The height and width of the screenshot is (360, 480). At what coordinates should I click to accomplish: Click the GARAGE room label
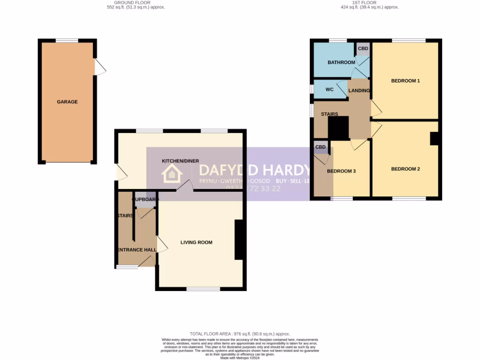tap(67, 102)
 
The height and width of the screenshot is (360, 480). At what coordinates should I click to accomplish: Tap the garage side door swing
tap(100, 67)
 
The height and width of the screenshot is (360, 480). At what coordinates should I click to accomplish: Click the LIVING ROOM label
tap(196, 242)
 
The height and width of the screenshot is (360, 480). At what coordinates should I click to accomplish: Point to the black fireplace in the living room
tap(239, 240)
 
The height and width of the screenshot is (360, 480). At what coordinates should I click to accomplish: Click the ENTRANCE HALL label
tap(136, 250)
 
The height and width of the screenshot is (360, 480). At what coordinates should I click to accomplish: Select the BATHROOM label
tap(341, 62)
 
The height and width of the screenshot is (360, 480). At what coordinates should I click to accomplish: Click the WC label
tap(329, 89)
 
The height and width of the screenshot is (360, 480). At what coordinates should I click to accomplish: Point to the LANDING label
tap(359, 90)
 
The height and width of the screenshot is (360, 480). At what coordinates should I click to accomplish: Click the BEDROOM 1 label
tap(405, 81)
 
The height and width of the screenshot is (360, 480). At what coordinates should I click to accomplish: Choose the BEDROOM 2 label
tap(405, 169)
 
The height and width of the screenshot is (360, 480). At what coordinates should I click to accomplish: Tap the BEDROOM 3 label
tap(341, 171)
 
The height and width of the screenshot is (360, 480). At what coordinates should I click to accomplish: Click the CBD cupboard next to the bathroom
tap(363, 49)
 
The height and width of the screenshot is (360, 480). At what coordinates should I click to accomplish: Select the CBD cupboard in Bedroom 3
tap(321, 148)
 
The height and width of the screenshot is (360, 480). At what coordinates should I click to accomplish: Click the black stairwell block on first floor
tap(338, 128)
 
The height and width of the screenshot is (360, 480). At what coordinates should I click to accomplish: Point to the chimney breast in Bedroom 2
tap(435, 139)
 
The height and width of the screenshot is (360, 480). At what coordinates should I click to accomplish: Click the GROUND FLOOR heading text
tap(135, 3)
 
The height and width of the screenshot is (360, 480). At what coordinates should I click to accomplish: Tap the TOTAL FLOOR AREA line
tap(240, 333)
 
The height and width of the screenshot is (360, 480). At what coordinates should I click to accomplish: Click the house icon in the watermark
tap(172, 174)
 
